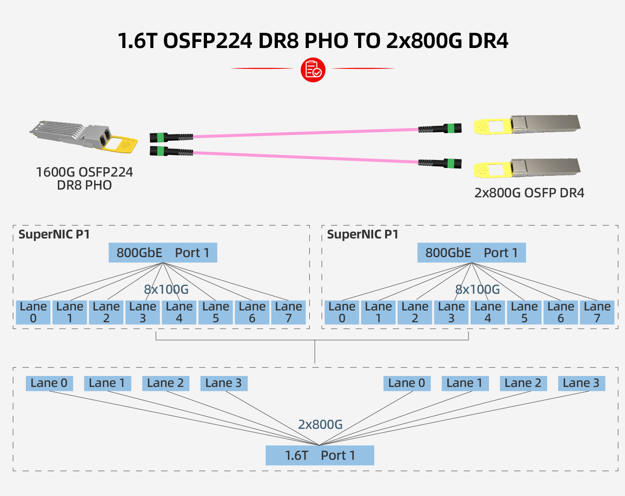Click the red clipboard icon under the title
pyautogui.click(x=313, y=70)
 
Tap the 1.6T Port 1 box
pyautogui.click(x=319, y=455)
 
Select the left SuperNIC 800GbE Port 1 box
pyautogui.click(x=163, y=253)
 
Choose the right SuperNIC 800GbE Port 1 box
pyautogui.click(x=471, y=253)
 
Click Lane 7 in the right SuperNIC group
pyautogui.click(x=597, y=312)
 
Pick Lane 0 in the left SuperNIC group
pyautogui.click(x=33, y=312)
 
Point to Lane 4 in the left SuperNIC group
pyautogui.click(x=179, y=312)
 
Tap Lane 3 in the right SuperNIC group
pyautogui.click(x=451, y=312)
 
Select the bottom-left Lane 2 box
pyautogui.click(x=165, y=383)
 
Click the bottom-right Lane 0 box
pyautogui.click(x=407, y=383)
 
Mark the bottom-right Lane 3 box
pyautogui.click(x=581, y=383)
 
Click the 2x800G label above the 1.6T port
pyautogui.click(x=320, y=424)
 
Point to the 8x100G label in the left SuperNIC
pyautogui.click(x=166, y=289)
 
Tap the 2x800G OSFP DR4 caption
pyautogui.click(x=529, y=192)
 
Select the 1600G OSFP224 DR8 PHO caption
pyautogui.click(x=84, y=179)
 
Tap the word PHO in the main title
pyautogui.click(x=326, y=41)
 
